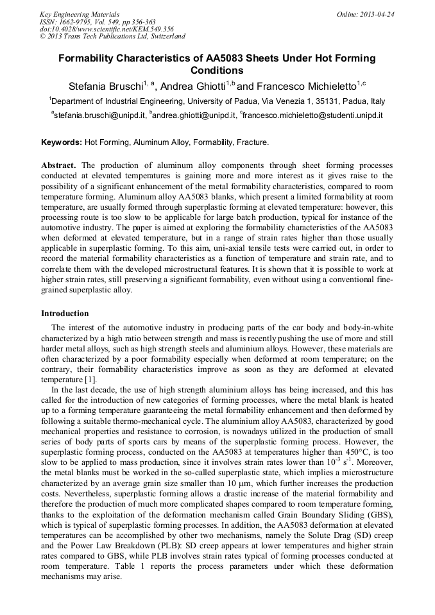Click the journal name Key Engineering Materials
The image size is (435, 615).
[80, 13]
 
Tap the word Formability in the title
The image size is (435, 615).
[88, 58]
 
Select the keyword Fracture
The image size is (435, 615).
[253, 142]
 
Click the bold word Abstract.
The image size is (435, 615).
[59, 165]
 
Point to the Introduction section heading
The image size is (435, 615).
[65, 314]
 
